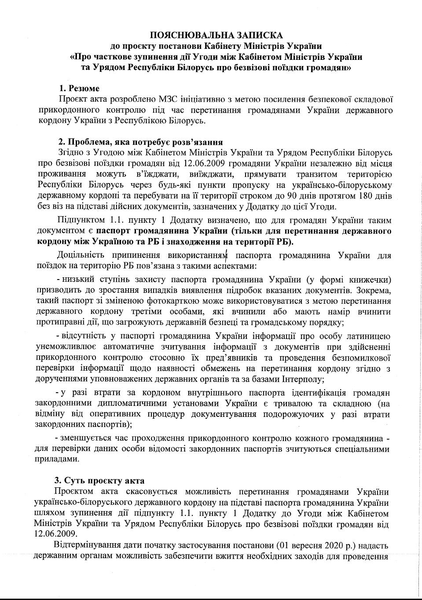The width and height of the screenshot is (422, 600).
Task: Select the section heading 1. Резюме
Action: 80,88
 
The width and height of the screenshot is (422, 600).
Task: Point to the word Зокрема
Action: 373,291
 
